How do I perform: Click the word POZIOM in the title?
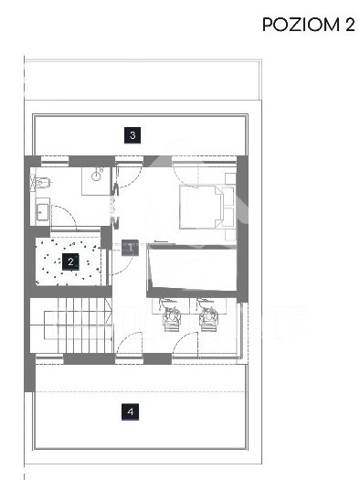tap(301, 25)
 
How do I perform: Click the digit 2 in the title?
tap(350, 25)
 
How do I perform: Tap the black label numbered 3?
tap(132, 135)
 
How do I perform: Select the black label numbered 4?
tap(131, 411)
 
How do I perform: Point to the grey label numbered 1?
tap(131, 248)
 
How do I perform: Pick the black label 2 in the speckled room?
tap(70, 262)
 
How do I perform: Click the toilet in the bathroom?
tap(41, 183)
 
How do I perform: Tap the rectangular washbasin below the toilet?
tap(42, 212)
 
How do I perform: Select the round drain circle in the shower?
tap(96, 176)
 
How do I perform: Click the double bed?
tap(201, 207)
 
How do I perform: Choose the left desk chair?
tap(172, 315)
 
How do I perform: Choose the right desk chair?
tap(207, 315)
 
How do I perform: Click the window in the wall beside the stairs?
tap(49, 358)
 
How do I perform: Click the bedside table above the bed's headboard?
tap(230, 179)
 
